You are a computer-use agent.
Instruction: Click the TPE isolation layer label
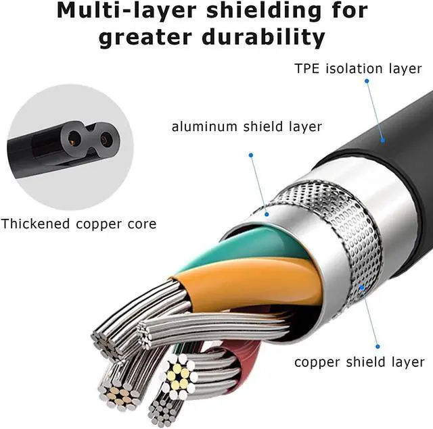[x=359, y=68]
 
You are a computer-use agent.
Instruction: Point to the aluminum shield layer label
[x=246, y=126]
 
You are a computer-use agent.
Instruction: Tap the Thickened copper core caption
[x=78, y=224]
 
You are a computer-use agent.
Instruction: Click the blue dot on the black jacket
[x=382, y=141]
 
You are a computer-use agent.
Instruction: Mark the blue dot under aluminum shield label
[x=267, y=215]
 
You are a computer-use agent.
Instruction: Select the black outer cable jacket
[x=399, y=169]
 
